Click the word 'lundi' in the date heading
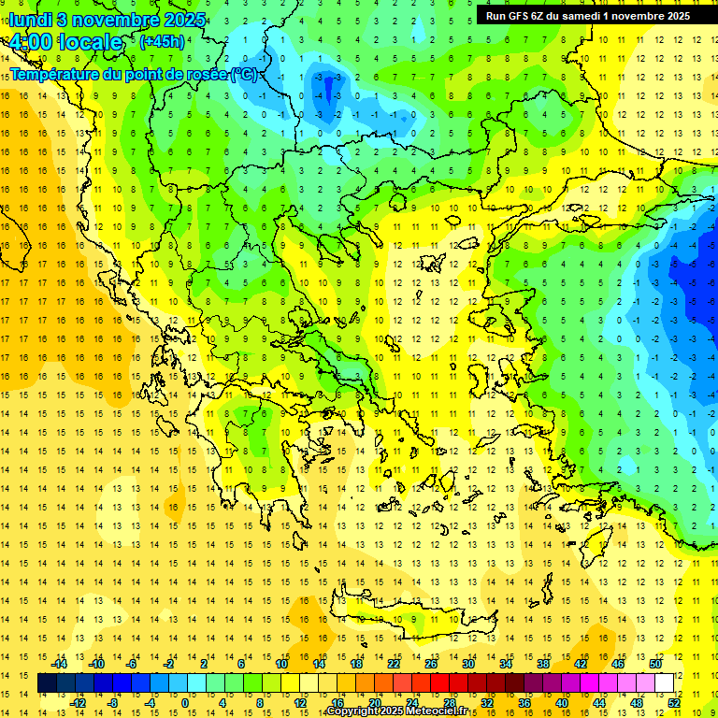point(33,19)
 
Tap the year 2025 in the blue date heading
point(164,19)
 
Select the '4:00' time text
point(30,42)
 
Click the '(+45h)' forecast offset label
point(162,42)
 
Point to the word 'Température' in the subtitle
point(55,74)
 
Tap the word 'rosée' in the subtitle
point(206,74)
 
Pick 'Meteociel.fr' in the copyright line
point(438,711)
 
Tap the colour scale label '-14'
point(60,664)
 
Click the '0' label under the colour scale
point(184,702)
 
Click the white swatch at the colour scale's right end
point(664,683)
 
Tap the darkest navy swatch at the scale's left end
point(47,683)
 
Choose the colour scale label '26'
point(431,664)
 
